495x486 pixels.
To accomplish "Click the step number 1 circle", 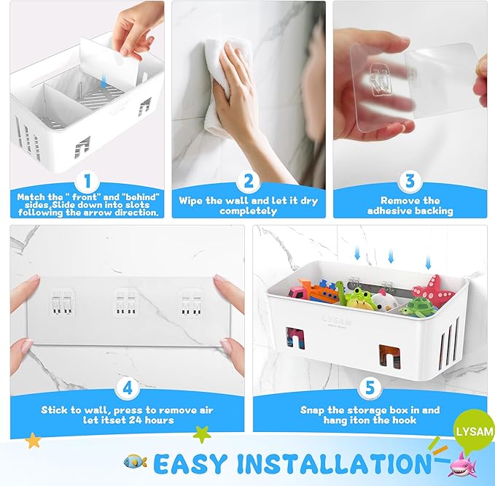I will coord(86,180).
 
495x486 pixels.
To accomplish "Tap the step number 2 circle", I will coord(248,180).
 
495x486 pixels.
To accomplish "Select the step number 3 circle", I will coord(410,180).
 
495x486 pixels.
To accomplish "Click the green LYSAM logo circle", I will coord(475,431).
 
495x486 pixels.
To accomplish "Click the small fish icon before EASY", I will coord(135,461).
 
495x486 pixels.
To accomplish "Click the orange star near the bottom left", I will coord(33,441).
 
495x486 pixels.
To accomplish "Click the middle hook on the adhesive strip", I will coord(127,301).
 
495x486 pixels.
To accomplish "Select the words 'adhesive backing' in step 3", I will coord(410,211).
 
